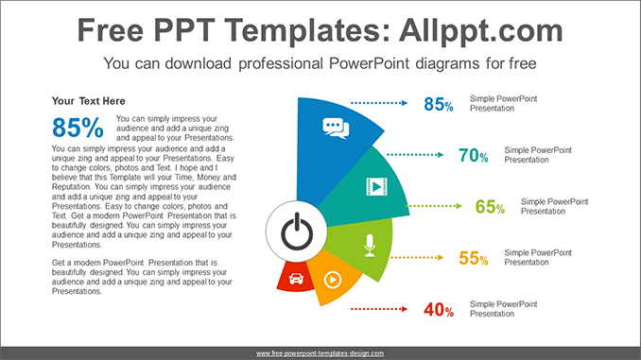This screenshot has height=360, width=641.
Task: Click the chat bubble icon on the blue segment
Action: [x=336, y=128]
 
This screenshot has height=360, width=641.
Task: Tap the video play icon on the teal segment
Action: [x=376, y=186]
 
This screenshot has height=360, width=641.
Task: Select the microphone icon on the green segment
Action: [x=369, y=244]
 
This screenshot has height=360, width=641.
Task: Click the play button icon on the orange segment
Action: [x=332, y=279]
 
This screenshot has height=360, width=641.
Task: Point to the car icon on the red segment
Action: [x=295, y=279]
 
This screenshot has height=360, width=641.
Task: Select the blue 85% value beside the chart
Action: [x=438, y=104]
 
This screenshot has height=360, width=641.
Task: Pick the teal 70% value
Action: [x=473, y=155]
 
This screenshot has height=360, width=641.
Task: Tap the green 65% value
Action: [x=490, y=207]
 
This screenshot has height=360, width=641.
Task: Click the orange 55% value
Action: [x=473, y=258]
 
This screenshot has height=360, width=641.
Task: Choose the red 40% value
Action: [x=438, y=309]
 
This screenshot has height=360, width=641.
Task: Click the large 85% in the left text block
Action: [x=78, y=128]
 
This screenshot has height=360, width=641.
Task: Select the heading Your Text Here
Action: [x=88, y=101]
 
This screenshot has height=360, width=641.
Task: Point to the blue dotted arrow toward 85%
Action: [x=378, y=102]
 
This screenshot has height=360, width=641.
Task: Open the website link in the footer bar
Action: [x=320, y=352]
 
